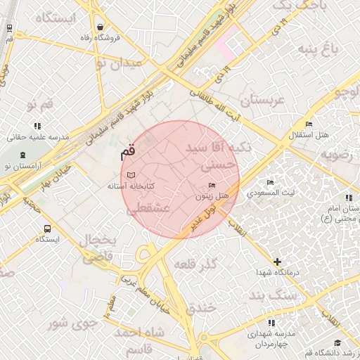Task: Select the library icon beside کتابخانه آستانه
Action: click(130, 174)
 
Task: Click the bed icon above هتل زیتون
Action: click(212, 185)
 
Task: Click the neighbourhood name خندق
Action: click(205, 307)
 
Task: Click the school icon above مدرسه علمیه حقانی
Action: click(37, 126)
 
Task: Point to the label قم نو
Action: click(40, 105)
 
